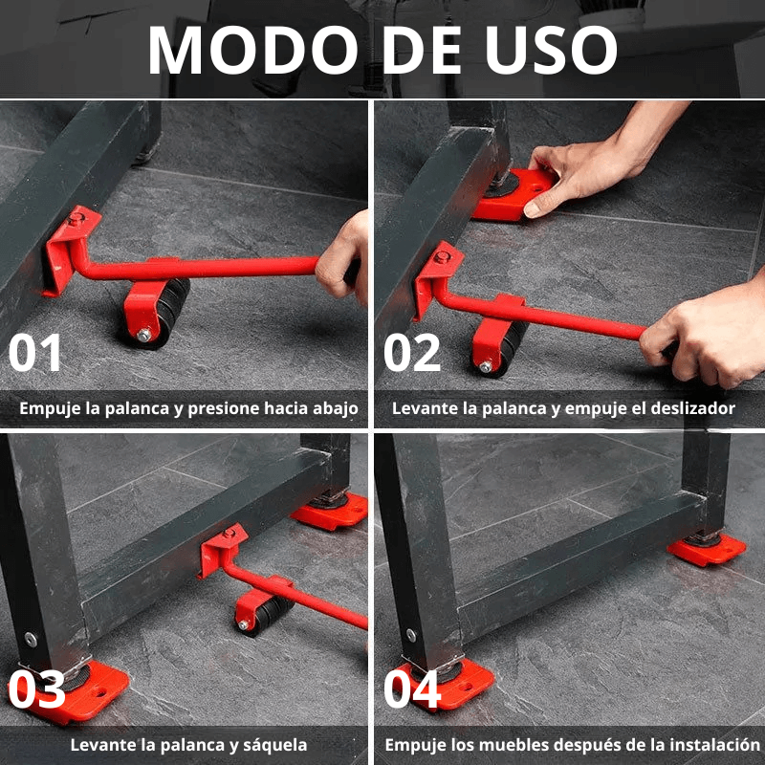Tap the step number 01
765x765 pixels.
[35, 353]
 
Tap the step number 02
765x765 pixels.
[412, 353]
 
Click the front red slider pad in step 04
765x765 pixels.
[449, 683]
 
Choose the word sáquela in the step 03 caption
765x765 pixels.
[272, 744]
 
